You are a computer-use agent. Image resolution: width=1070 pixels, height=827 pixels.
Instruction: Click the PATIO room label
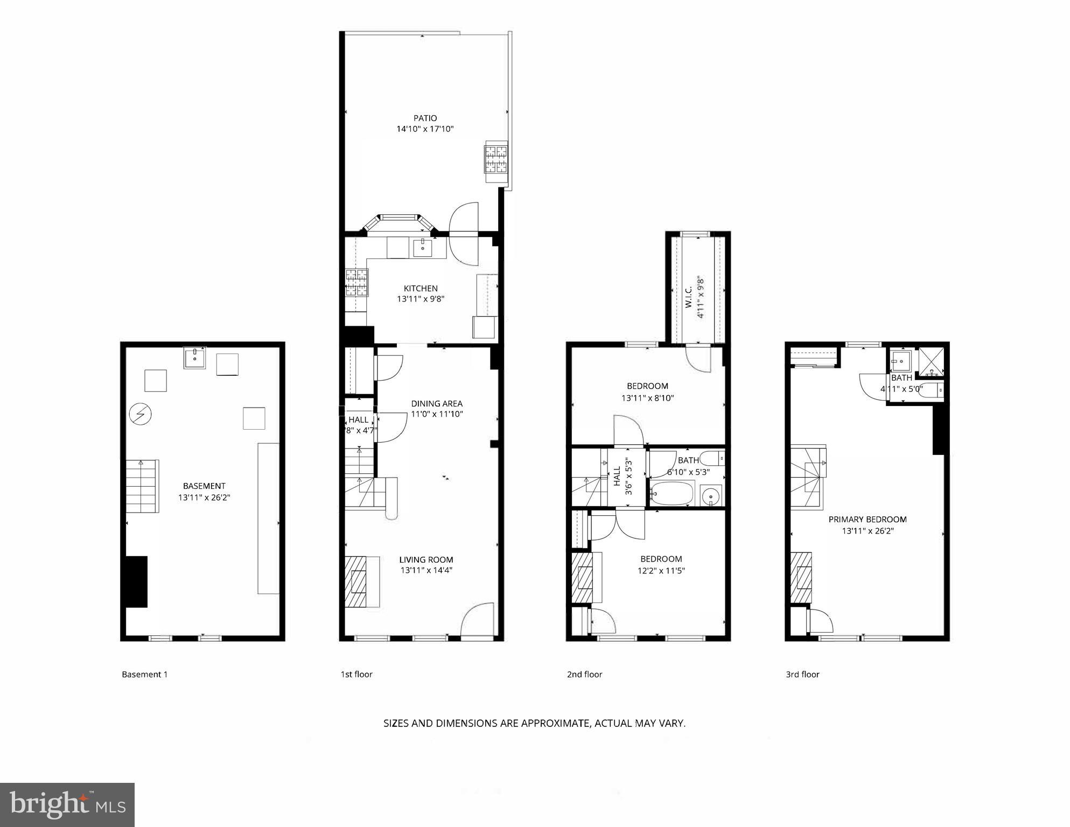pyautogui.click(x=425, y=118)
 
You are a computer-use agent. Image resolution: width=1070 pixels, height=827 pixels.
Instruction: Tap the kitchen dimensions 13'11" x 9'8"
pyautogui.click(x=421, y=299)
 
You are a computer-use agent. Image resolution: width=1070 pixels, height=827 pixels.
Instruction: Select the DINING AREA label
pyautogui.click(x=437, y=403)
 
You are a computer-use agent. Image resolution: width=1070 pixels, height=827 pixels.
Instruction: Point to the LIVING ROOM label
pyautogui.click(x=426, y=559)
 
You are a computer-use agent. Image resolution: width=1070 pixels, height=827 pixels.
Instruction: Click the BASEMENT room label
pyautogui.click(x=204, y=486)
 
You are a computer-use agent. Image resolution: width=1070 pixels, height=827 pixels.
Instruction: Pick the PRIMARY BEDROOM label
pyautogui.click(x=867, y=520)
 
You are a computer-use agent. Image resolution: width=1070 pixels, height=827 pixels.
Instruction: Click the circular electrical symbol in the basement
pyautogui.click(x=141, y=414)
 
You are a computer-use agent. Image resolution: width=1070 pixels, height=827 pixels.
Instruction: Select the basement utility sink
pyautogui.click(x=194, y=358)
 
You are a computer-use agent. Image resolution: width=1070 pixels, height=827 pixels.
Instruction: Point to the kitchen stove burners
pyautogui.click(x=356, y=283)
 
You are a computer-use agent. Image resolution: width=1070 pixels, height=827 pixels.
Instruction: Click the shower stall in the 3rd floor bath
pyautogui.click(x=931, y=362)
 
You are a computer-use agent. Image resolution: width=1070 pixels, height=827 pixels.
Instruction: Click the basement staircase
pyautogui.click(x=142, y=486)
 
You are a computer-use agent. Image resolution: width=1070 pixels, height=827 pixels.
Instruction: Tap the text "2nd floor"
pyautogui.click(x=584, y=674)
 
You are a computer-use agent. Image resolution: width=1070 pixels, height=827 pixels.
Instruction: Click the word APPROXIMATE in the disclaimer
pyautogui.click(x=556, y=723)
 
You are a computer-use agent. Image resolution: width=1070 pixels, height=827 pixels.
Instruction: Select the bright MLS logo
pyautogui.click(x=67, y=804)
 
